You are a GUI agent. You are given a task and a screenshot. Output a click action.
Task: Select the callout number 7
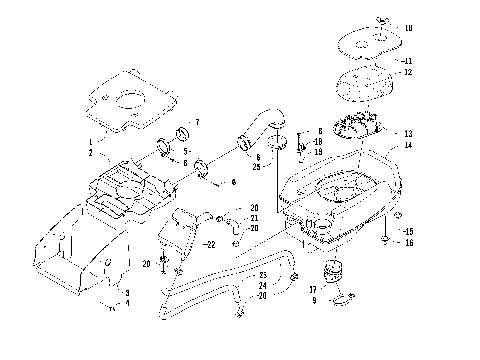196,122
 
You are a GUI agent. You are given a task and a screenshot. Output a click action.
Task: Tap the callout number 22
211,245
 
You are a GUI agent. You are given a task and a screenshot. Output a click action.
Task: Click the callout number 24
262,285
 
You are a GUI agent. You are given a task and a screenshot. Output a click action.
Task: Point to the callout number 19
317,152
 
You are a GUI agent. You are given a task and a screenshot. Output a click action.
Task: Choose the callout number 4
127,303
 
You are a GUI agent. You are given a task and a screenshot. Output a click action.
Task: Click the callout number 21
255,218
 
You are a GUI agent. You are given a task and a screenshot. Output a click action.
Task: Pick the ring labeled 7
182,133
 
